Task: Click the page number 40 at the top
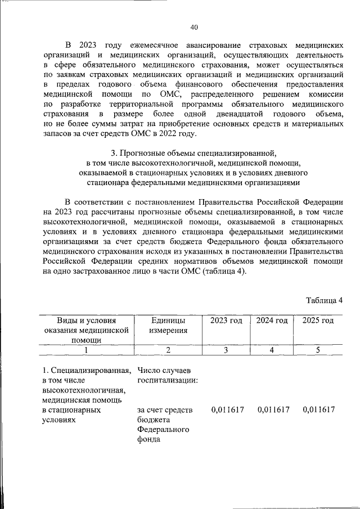(194, 27)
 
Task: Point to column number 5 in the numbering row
(318, 350)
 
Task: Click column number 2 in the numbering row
(168, 350)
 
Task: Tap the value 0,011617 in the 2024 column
(273, 410)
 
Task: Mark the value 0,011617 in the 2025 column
(318, 410)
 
